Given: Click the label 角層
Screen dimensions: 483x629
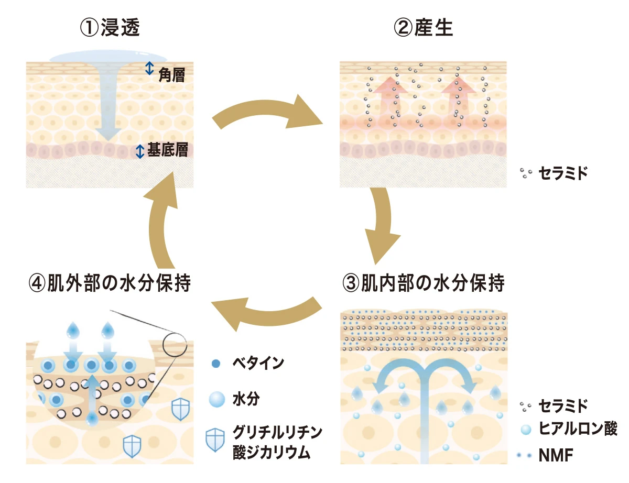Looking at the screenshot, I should tap(171, 76).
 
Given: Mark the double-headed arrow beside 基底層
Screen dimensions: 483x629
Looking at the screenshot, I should tap(140, 151).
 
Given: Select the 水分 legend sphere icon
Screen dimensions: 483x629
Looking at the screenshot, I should tap(216, 400).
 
